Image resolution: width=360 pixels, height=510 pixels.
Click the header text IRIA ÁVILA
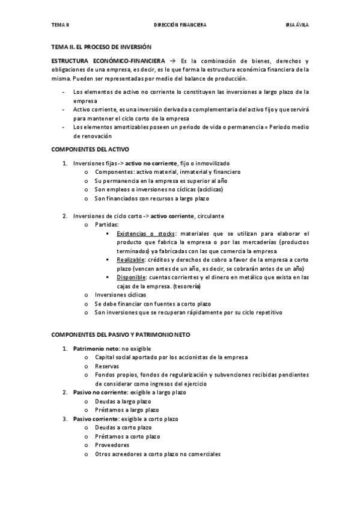[x=297, y=25]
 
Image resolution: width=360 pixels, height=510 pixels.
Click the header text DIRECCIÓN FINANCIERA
[x=180, y=25]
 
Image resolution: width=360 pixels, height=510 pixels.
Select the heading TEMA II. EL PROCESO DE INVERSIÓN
[x=102, y=46]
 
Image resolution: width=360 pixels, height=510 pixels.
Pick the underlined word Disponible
[x=132, y=277]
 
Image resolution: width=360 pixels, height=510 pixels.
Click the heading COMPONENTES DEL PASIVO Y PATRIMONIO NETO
[x=122, y=334]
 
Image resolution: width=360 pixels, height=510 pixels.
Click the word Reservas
[x=107, y=366]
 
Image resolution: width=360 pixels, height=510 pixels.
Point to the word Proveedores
[x=112, y=445]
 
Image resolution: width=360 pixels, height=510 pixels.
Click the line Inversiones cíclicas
[x=119, y=295]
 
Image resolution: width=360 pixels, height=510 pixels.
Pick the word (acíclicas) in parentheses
[x=204, y=189]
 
